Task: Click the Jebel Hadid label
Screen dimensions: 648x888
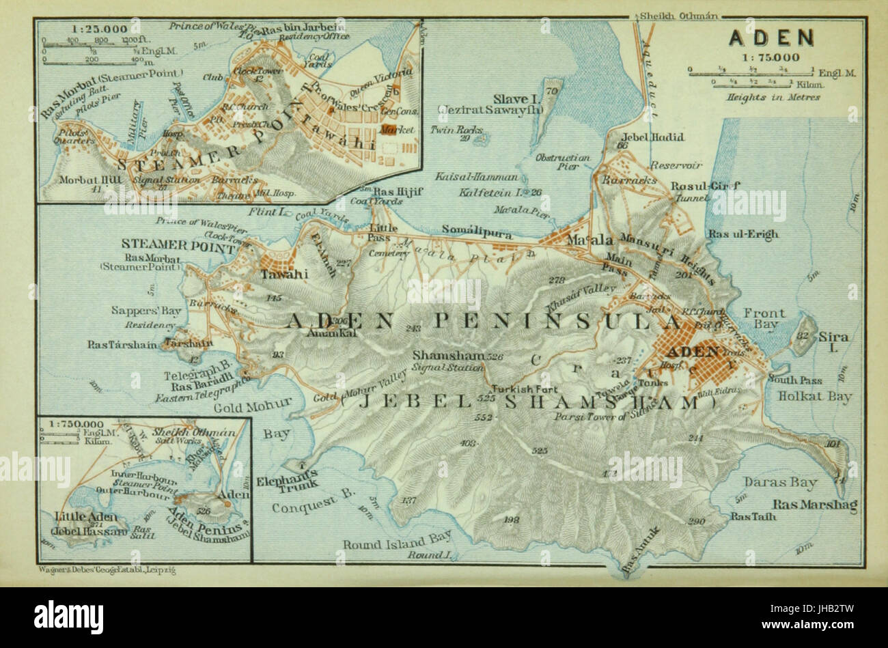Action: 659,137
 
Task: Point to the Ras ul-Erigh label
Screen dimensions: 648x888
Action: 743,234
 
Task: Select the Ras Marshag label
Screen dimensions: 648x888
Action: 805,505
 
